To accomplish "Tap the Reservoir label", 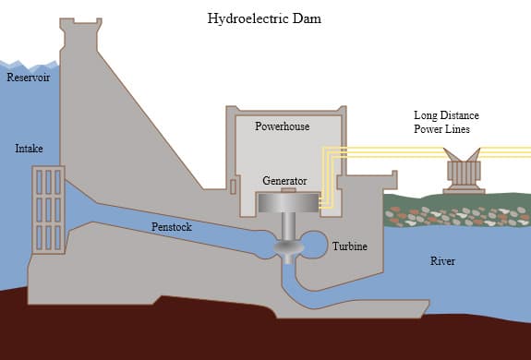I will click(28, 78).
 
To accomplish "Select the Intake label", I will click(29, 149).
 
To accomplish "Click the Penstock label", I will click(171, 226).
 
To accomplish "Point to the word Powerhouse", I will click(282, 126).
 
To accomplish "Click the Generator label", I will click(284, 181).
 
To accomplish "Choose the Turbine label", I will click(350, 246).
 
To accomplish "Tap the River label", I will click(442, 261).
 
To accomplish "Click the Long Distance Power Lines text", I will click(446, 123).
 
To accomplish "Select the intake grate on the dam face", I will click(47, 209).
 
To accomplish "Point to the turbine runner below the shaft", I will click(286, 248).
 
